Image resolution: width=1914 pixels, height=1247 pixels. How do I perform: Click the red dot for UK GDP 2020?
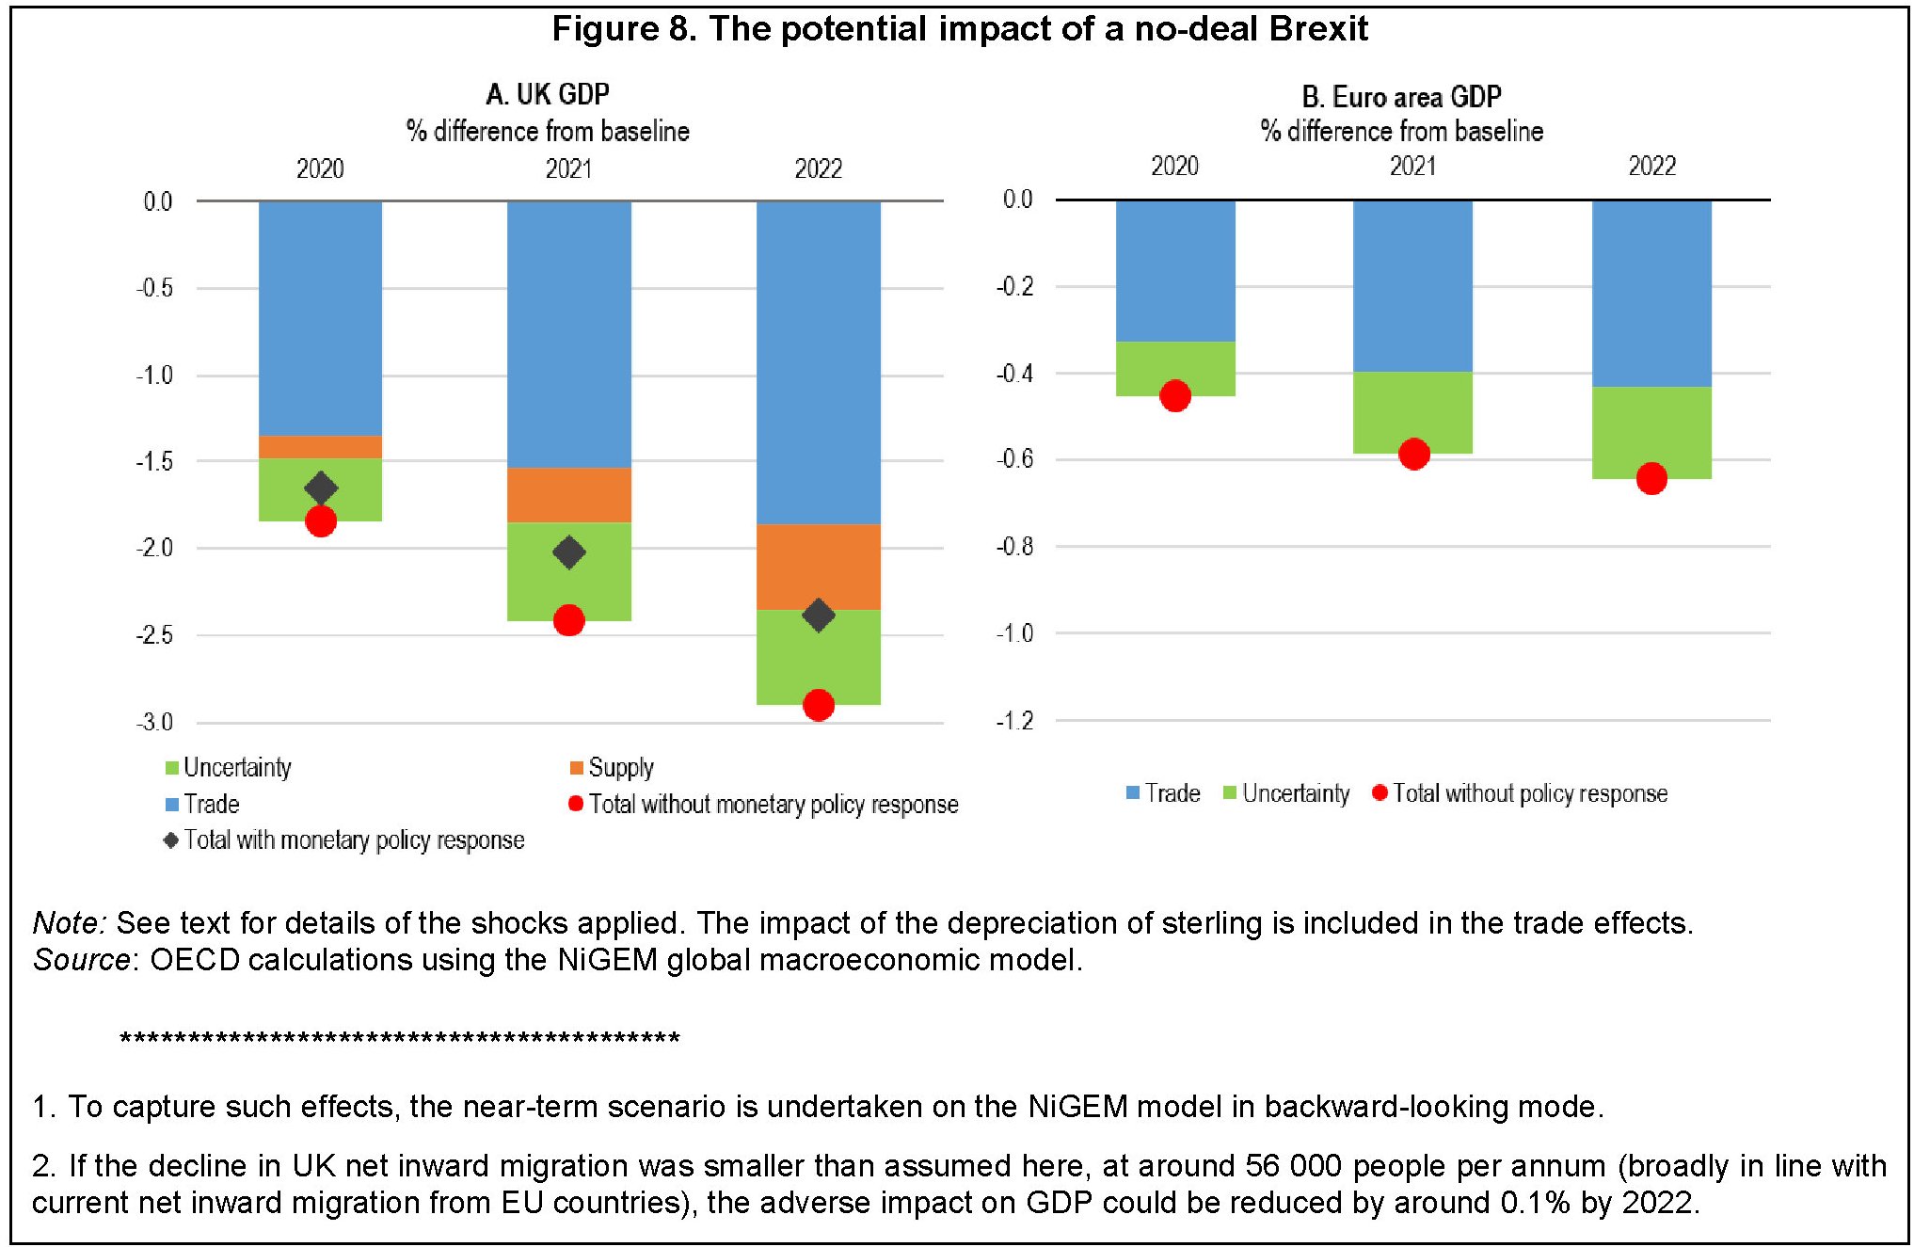(x=321, y=521)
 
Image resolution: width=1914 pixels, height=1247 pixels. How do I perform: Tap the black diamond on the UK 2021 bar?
(x=568, y=552)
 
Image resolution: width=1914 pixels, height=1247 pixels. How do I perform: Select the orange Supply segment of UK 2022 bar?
(x=819, y=567)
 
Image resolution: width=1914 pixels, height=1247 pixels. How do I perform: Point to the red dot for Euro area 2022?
(x=1651, y=479)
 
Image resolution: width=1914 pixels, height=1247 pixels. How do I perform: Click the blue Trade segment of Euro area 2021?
(x=1412, y=286)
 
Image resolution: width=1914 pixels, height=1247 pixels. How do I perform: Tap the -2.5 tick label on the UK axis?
(x=154, y=635)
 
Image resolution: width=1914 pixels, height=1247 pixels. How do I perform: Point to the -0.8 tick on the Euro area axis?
(x=1014, y=547)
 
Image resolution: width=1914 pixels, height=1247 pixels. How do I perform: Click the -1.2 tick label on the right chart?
(x=1014, y=721)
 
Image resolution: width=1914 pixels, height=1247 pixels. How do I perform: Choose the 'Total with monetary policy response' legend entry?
(x=354, y=840)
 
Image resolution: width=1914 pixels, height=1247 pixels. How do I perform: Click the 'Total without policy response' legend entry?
(x=1529, y=793)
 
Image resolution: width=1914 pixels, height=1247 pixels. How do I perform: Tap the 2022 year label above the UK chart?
(x=818, y=169)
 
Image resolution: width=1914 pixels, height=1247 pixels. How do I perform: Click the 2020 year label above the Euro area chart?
(x=1174, y=167)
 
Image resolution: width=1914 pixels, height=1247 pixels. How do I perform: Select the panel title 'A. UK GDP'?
(x=548, y=94)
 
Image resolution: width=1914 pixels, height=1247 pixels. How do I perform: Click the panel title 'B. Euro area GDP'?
(x=1401, y=97)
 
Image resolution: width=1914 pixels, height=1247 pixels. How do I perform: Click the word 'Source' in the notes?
(x=81, y=960)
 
